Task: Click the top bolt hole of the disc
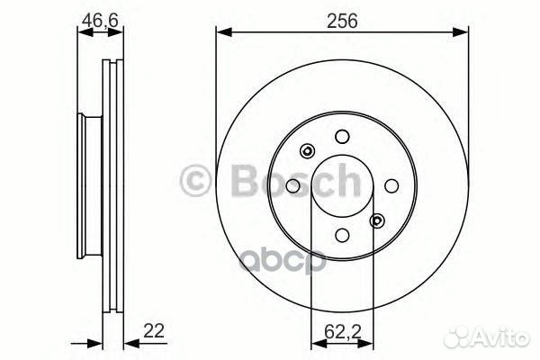pos(341,136)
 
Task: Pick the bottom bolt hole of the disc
pos(341,235)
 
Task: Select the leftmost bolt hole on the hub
pos(292,185)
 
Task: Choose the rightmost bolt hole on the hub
pos(391,185)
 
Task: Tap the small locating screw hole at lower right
pos(376,220)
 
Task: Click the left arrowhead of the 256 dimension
pos(220,32)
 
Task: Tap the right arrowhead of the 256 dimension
pos(463,32)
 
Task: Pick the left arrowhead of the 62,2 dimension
pos(315,342)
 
